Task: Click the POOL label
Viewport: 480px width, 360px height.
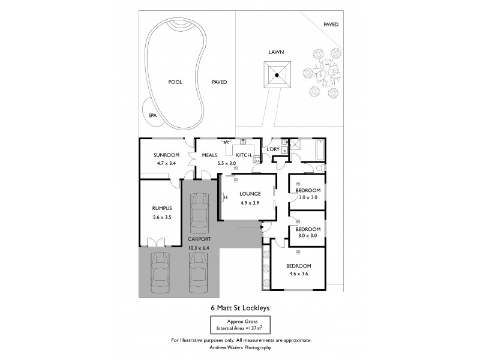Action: point(175,82)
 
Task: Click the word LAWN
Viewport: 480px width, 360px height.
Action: point(275,52)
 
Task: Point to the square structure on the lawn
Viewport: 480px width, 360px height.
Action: point(276,75)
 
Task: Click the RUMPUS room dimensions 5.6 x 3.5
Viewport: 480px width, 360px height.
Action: point(162,217)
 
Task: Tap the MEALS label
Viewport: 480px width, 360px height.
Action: point(209,155)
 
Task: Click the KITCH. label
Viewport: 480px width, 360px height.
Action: point(244,155)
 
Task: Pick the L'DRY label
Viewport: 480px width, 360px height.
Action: point(273,149)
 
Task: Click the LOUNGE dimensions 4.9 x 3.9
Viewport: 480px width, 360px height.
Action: point(249,202)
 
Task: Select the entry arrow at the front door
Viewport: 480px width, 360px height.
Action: point(263,227)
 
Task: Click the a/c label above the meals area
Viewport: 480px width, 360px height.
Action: point(227,142)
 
